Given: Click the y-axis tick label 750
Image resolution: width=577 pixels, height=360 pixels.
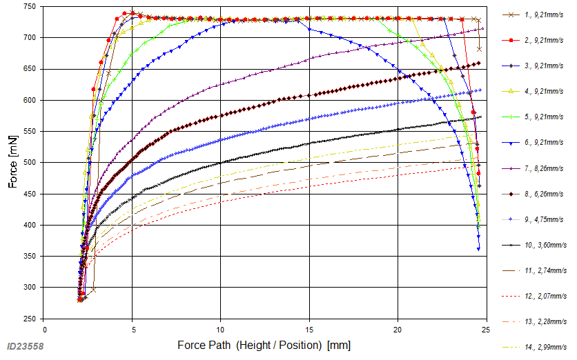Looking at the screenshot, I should tap(30, 6).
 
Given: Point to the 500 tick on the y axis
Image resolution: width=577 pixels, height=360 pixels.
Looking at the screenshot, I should tap(30, 163).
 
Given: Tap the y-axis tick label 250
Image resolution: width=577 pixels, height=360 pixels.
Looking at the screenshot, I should tap(30, 319).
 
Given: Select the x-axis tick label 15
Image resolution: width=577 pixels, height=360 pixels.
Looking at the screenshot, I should tap(309, 330).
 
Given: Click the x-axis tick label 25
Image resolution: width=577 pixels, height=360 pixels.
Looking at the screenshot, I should tap(486, 330).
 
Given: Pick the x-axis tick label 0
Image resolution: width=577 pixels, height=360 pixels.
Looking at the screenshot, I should tap(44, 330).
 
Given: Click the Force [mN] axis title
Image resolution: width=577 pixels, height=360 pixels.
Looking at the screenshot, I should tap(12, 163).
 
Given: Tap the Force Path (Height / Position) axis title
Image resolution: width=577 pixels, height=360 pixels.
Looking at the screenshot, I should tap(264, 344).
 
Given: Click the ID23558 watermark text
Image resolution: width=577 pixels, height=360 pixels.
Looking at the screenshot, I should tap(26, 346).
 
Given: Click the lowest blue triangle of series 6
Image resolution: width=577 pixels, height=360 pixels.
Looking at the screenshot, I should tap(478, 248).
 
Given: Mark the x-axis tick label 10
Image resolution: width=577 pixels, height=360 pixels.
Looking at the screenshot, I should tap(221, 330).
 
